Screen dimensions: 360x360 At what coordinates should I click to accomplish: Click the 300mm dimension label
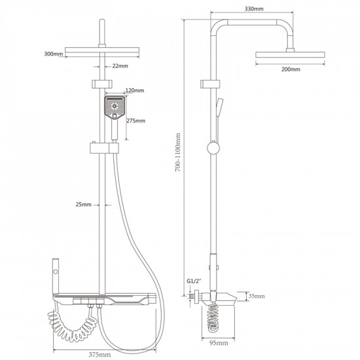click(x=54, y=54)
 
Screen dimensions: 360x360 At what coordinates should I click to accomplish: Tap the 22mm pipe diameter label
click(x=120, y=66)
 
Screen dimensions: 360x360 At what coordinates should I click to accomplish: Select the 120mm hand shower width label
click(x=135, y=90)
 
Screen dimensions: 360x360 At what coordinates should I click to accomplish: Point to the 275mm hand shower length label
click(x=136, y=121)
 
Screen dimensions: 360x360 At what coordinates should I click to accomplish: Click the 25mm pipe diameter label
click(x=84, y=204)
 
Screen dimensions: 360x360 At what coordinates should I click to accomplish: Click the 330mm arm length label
click(x=254, y=9)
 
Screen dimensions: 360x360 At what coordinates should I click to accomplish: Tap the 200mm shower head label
click(x=291, y=69)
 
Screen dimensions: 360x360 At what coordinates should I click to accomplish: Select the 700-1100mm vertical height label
click(x=178, y=153)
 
